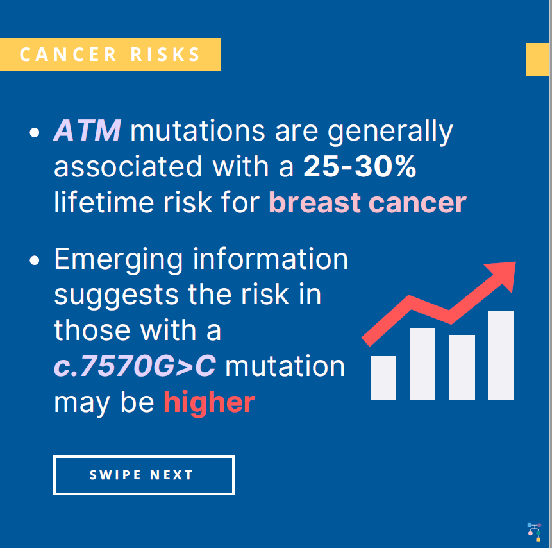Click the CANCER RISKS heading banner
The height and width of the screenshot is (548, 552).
pyautogui.click(x=110, y=55)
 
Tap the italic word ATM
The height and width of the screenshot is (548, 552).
pyautogui.click(x=87, y=131)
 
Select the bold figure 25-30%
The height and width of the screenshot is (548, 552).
pyautogui.click(x=360, y=167)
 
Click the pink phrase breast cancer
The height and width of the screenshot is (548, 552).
pyautogui.click(x=367, y=203)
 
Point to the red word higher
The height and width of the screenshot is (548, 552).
pyautogui.click(x=209, y=402)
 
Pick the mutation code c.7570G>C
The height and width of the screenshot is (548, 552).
pyautogui.click(x=135, y=366)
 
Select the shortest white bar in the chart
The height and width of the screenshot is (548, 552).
pyautogui.click(x=383, y=377)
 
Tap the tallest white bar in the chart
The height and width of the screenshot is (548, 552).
pyautogui.click(x=501, y=355)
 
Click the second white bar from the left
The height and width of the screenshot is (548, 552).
pyautogui.click(x=422, y=363)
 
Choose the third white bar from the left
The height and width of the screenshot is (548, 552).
pyautogui.click(x=462, y=367)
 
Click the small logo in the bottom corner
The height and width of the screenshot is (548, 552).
pyautogui.click(x=534, y=531)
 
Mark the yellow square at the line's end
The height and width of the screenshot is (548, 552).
pyautogui.click(x=538, y=60)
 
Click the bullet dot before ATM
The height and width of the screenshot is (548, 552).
pyautogui.click(x=35, y=133)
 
